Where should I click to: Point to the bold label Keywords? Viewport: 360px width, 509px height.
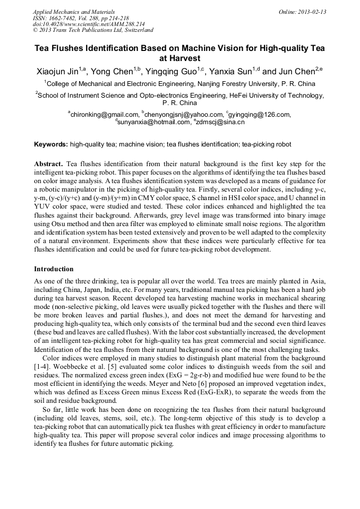tap(51, 144)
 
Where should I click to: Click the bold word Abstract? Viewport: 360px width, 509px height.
tap(48, 164)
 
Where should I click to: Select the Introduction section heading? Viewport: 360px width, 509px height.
tap(54, 269)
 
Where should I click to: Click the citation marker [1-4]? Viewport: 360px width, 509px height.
tap(42, 367)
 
